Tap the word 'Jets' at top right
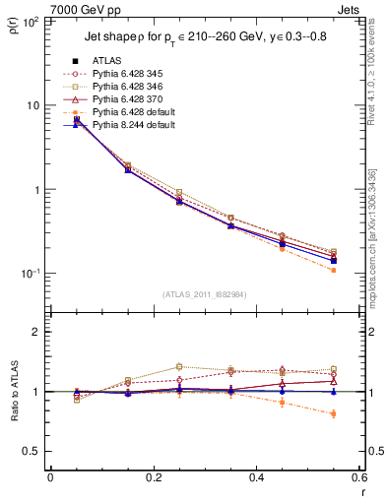[x=352, y=8]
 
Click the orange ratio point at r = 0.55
[x=334, y=413]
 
